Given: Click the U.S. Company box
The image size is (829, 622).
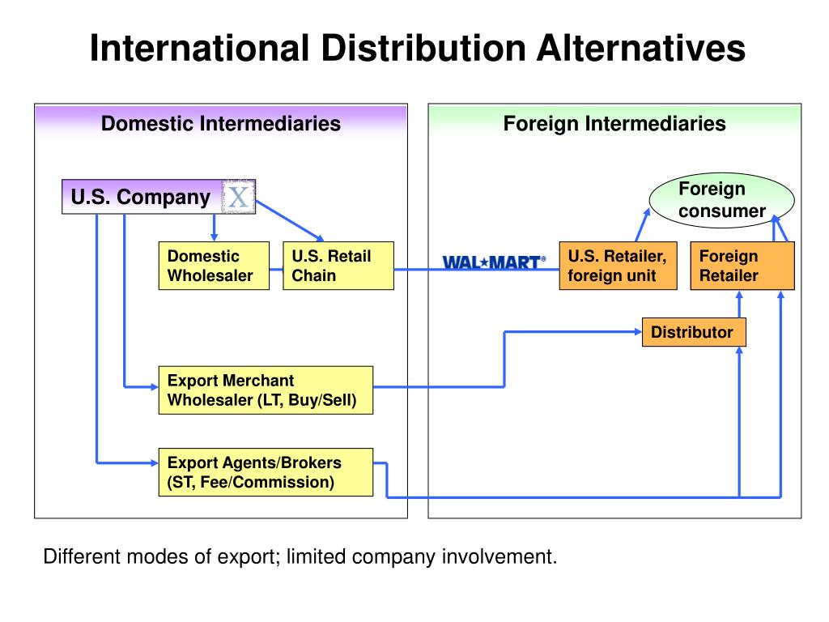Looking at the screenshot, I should (142, 197).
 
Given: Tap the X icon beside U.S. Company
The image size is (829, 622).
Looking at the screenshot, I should (238, 197).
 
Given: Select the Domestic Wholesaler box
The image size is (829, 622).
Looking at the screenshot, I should (213, 266).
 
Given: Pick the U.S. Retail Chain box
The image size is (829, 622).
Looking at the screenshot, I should (338, 266).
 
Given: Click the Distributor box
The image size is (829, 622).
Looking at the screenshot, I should (693, 332).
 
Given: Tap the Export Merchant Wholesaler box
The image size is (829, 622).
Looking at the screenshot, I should (266, 390).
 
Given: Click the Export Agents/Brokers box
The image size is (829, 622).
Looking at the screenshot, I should (266, 472).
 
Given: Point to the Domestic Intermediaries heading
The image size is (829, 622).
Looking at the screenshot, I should (220, 124).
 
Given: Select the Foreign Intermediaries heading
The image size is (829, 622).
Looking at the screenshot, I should (614, 124).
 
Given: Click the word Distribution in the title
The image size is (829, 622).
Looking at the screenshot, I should (419, 48).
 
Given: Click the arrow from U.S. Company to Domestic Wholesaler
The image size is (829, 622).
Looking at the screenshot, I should (214, 227).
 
